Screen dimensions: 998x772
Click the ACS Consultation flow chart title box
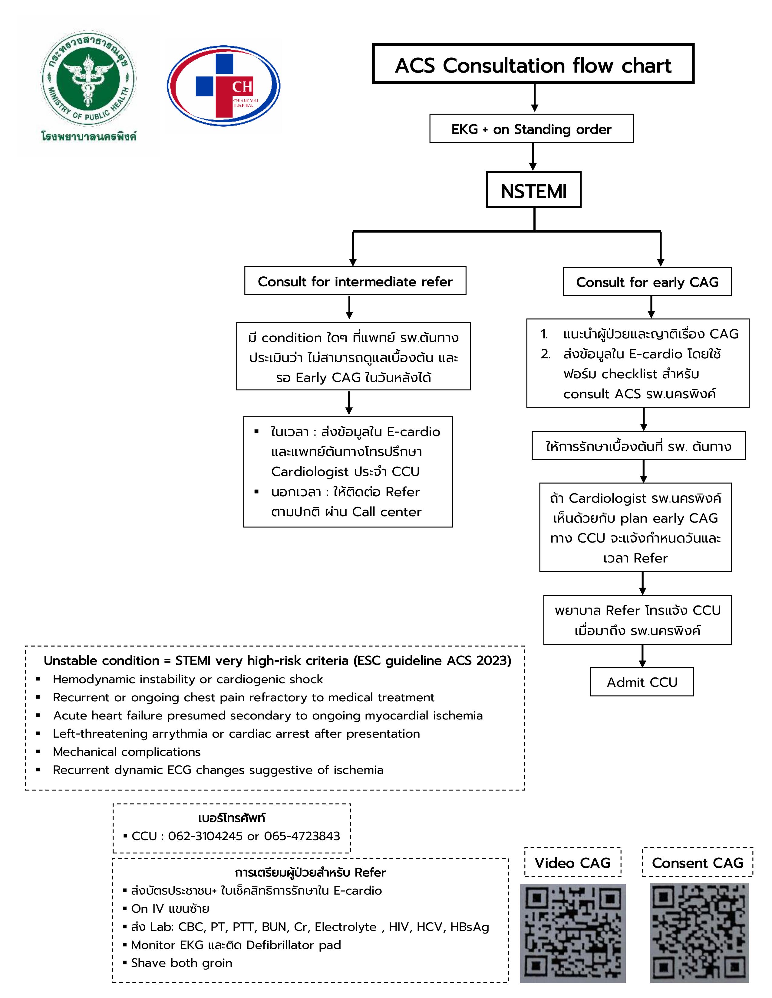(x=533, y=64)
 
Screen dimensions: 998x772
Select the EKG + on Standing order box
(x=531, y=129)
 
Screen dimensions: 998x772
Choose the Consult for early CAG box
(x=647, y=282)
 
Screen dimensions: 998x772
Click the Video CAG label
(x=572, y=863)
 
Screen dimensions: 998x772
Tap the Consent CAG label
(x=698, y=863)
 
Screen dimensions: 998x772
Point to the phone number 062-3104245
(x=205, y=836)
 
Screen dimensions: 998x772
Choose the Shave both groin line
(x=182, y=963)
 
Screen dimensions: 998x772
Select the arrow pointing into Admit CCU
(x=642, y=657)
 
